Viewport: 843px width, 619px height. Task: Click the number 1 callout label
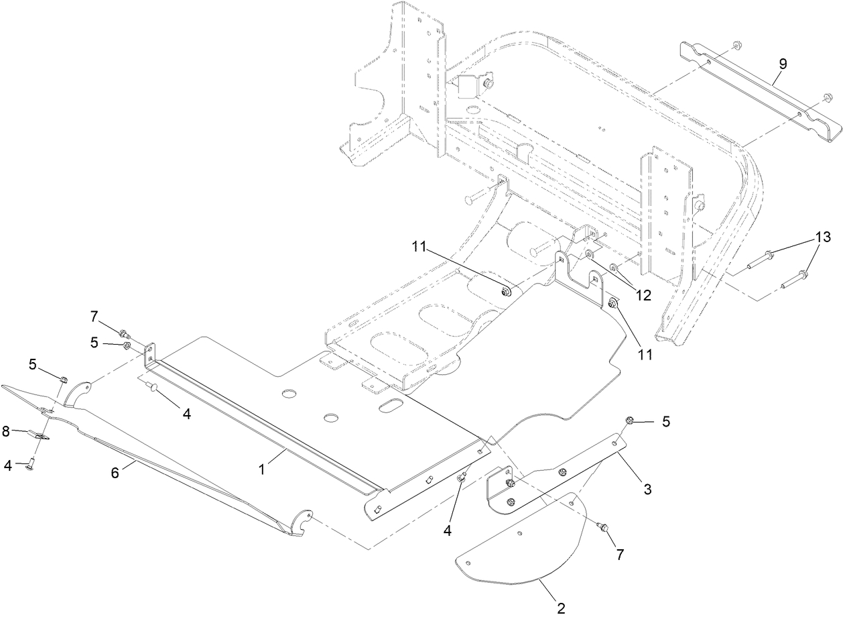click(262, 470)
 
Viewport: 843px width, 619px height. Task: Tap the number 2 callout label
click(561, 608)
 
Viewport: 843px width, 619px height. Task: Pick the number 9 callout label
click(783, 64)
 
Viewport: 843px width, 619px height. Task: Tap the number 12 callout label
click(643, 294)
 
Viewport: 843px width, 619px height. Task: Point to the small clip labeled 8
click(40, 437)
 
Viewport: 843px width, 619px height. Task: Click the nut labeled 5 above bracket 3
click(629, 421)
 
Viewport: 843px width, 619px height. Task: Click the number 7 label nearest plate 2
click(619, 555)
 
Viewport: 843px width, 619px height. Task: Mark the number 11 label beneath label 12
click(644, 354)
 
